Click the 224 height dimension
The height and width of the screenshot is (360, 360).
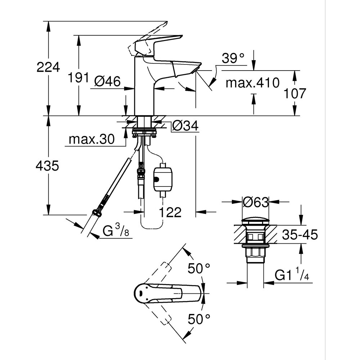[x=48, y=67]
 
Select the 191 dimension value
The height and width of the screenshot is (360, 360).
[x=79, y=77]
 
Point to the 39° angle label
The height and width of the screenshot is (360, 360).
[x=233, y=58]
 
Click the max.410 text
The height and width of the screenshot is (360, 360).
[x=252, y=83]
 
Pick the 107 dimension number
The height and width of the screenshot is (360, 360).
[x=294, y=94]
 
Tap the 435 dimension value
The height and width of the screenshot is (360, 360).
[x=48, y=166]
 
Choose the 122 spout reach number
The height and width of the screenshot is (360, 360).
[x=170, y=212]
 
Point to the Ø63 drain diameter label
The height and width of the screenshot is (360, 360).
[x=255, y=203]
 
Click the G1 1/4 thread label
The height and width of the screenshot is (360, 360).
[x=292, y=276]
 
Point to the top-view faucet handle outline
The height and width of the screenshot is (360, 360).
[x=166, y=293]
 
